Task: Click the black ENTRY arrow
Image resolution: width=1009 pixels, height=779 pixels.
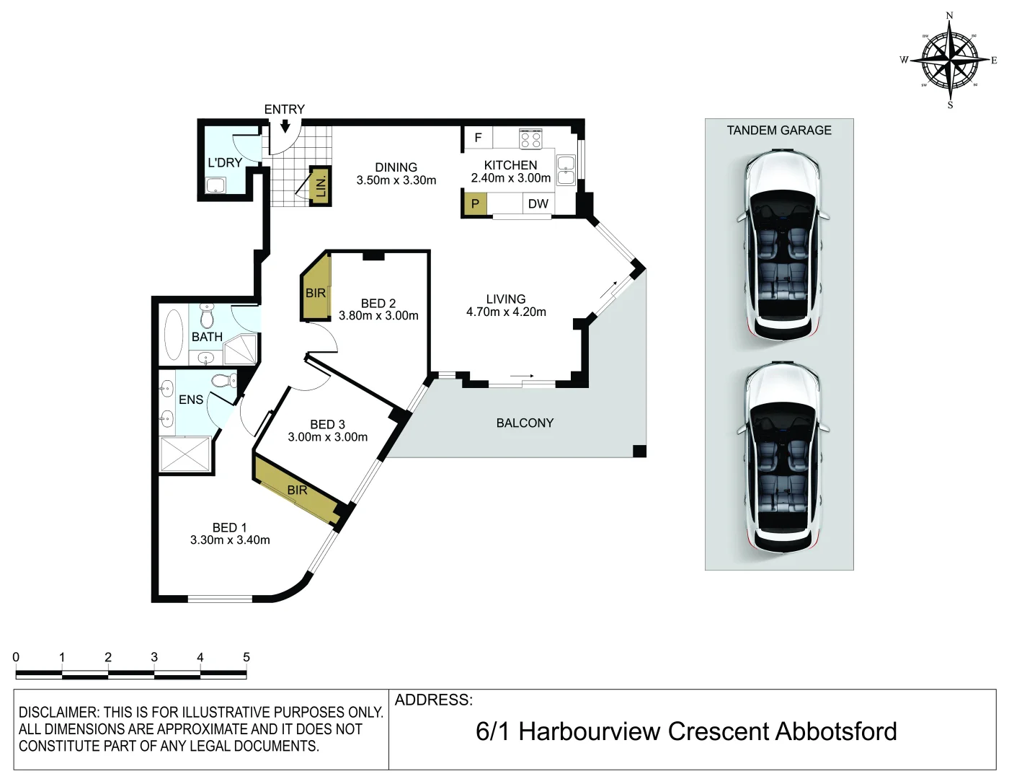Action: click(285, 126)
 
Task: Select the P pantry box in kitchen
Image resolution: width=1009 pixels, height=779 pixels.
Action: click(475, 204)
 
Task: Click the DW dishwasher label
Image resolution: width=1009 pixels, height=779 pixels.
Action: click(538, 204)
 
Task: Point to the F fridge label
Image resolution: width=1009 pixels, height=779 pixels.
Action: click(477, 138)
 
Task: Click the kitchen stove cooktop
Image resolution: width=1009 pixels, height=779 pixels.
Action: click(530, 138)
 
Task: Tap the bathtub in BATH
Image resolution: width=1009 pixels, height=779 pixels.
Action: click(174, 335)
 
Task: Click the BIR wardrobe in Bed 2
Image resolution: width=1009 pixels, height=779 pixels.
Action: click(316, 292)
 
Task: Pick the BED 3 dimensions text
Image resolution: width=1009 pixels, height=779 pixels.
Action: click(327, 437)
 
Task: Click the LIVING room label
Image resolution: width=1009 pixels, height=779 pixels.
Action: click(505, 299)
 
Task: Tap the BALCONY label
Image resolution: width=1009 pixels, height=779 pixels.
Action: click(525, 423)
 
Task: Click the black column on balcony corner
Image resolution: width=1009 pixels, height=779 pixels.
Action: click(639, 452)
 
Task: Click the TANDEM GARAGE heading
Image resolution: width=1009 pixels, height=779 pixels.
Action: click(778, 131)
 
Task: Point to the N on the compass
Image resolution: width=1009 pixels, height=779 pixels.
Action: click(949, 15)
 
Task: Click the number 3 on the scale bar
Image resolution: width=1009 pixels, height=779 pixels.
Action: click(154, 657)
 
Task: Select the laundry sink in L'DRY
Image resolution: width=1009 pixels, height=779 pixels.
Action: click(215, 185)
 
